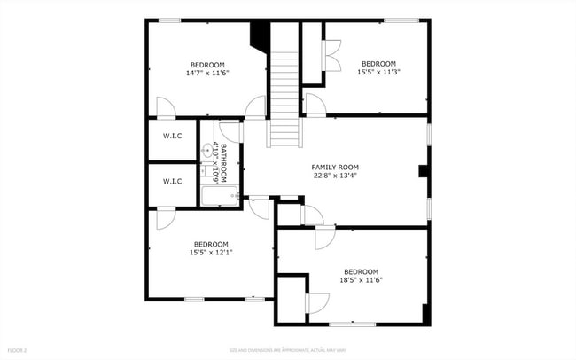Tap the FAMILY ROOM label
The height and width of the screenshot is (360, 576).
pos(334,167)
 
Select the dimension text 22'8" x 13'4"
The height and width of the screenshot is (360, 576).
pos(334,176)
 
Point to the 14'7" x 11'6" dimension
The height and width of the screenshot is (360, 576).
pos(206,74)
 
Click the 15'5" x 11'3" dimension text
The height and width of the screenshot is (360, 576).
pos(378,73)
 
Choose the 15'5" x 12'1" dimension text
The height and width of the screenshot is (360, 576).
pos(210,253)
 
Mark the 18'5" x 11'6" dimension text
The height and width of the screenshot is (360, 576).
pos(361,280)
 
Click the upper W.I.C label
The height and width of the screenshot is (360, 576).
pos(172,136)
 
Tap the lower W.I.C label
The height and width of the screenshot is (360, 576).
pos(172,182)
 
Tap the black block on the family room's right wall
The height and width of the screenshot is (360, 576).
pos(424,170)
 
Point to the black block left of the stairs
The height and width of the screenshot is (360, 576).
pos(260,35)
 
